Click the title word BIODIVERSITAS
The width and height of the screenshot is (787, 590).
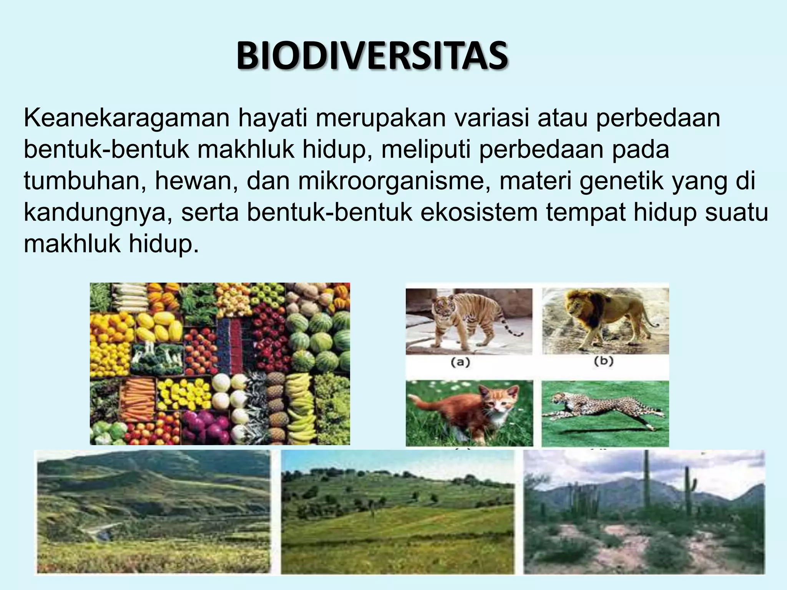click(x=372, y=57)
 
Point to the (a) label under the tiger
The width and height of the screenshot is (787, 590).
click(x=460, y=362)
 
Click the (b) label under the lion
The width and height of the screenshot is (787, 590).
click(x=604, y=361)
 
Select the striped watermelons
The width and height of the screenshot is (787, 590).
click(x=319, y=338)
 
